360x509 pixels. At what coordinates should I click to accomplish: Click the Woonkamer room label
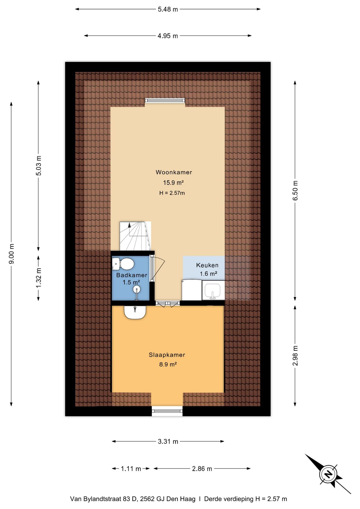coord(174,172)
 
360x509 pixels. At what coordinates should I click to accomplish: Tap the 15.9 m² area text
coord(173,183)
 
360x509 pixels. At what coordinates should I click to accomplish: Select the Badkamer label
coord(132,275)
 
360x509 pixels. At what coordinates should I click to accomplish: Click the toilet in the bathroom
coord(123,264)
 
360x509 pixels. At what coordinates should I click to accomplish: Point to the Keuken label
coord(207,265)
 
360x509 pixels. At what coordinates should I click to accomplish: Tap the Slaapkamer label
coord(167,355)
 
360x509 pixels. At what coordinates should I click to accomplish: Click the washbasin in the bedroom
coord(135,312)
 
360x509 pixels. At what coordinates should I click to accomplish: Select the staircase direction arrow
coord(129,225)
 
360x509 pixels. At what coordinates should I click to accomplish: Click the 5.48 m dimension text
coord(168,9)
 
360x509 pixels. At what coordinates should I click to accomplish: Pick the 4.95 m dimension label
coord(168,36)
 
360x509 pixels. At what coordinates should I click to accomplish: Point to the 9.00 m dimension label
coord(12,254)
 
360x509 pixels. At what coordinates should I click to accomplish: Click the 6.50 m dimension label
coord(295,190)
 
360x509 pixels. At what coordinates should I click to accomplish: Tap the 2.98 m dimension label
coord(295,356)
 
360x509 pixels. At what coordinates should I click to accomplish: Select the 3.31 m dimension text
coord(168,441)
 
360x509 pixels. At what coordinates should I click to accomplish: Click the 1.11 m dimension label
coord(131,469)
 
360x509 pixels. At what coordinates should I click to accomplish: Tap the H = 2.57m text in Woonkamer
coord(172,193)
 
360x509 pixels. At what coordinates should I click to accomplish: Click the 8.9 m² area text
coord(168,365)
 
